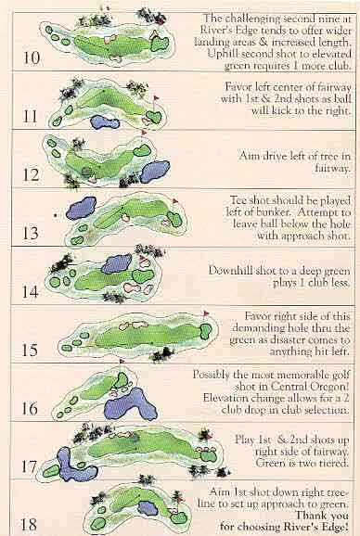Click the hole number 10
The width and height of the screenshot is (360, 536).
coord(32,57)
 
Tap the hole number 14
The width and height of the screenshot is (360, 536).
coord(31,291)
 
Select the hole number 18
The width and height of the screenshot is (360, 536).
coord(30,524)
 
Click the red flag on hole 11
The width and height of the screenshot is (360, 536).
coord(156,98)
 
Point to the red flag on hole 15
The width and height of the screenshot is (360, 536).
coord(206,313)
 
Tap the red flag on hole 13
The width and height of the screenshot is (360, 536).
coord(175,201)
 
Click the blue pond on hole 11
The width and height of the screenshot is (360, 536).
coord(104,122)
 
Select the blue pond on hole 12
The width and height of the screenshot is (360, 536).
coord(155,172)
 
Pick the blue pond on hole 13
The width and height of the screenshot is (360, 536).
coord(82,208)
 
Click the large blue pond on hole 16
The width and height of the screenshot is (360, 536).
coord(130,404)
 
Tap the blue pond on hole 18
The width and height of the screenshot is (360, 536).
coord(148,508)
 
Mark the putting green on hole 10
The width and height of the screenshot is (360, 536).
coord(160,45)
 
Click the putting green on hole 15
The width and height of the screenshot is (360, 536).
coord(206,331)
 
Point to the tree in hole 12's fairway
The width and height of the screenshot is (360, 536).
coord(87,172)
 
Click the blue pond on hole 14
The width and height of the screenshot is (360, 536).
coord(117,263)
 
